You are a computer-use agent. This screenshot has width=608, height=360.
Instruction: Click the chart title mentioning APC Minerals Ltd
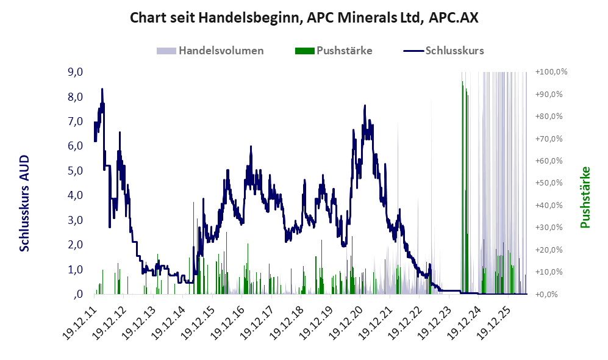click(x=304, y=18)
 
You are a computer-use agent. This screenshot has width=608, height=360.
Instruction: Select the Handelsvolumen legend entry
click(x=210, y=51)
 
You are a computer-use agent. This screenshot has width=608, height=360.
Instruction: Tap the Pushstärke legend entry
click(x=334, y=51)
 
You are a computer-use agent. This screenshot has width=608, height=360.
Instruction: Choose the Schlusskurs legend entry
click(x=443, y=51)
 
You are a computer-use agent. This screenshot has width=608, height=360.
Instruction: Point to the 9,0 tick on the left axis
click(x=75, y=72)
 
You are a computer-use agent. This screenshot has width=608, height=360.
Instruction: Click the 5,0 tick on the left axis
click(x=75, y=171)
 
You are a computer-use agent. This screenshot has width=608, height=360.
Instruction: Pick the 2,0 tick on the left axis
click(x=75, y=245)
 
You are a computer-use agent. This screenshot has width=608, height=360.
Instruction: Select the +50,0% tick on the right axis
click(x=549, y=182)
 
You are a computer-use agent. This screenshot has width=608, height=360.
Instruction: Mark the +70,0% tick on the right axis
click(x=549, y=139)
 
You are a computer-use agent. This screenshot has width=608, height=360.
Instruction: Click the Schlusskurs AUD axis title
click(x=24, y=203)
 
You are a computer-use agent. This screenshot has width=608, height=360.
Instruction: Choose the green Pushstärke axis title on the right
click(x=585, y=197)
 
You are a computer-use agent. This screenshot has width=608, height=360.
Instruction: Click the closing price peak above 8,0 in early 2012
click(x=102, y=89)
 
